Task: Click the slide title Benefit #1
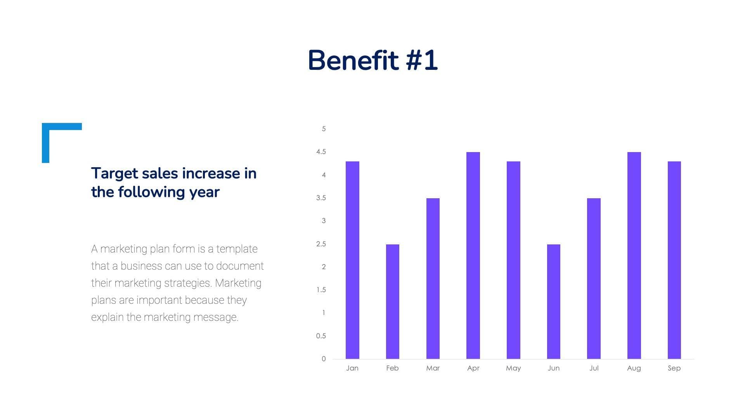click(372, 61)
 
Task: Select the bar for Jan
click(352, 260)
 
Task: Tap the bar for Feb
click(392, 301)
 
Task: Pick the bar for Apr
click(473, 255)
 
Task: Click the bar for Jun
click(553, 301)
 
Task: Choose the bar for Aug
click(634, 255)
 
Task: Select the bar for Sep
click(674, 260)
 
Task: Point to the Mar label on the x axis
click(433, 368)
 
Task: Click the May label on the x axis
click(513, 368)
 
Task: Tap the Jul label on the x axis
click(594, 368)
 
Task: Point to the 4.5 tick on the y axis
click(321, 152)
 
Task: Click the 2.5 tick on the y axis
click(321, 244)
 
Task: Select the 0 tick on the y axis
click(324, 359)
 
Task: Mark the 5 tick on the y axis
click(324, 129)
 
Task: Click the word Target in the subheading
click(114, 174)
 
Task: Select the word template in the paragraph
click(237, 249)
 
